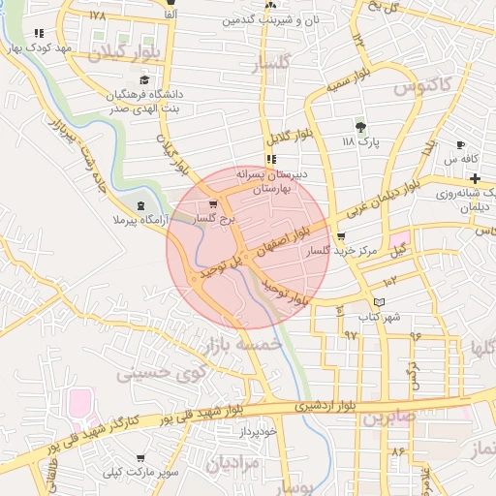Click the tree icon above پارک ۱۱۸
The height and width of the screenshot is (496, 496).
[x=361, y=127]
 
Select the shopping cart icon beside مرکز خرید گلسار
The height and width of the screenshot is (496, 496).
[x=340, y=236]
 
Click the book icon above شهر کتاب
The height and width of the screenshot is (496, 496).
[x=379, y=302]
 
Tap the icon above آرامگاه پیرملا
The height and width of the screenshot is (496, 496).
[x=142, y=205]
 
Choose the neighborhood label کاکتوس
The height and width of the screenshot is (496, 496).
[x=424, y=85]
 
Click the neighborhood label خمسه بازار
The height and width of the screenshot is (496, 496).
[x=242, y=344]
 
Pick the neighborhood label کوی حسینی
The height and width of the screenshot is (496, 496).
[x=163, y=371]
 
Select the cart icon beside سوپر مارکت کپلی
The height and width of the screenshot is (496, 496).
[x=140, y=457]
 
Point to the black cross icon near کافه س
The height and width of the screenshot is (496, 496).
[x=475, y=178]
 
